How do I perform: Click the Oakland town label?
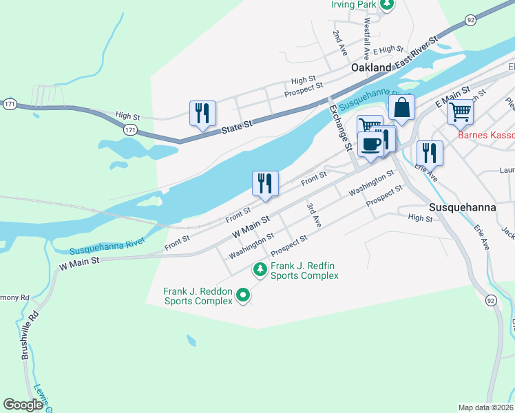click(x=371, y=68)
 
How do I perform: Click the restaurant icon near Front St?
click(x=265, y=184)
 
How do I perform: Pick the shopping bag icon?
click(x=401, y=108)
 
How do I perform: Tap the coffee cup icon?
click(x=370, y=145)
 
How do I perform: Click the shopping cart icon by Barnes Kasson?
click(x=460, y=111)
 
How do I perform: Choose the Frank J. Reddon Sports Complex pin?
click(x=242, y=296)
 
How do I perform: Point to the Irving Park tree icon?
click(x=387, y=4)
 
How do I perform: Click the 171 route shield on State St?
click(x=131, y=129)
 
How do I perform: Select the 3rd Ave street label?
click(x=315, y=215)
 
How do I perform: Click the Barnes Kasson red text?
click(x=486, y=136)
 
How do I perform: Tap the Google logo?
click(x=23, y=405)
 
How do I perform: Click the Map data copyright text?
click(x=485, y=407)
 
